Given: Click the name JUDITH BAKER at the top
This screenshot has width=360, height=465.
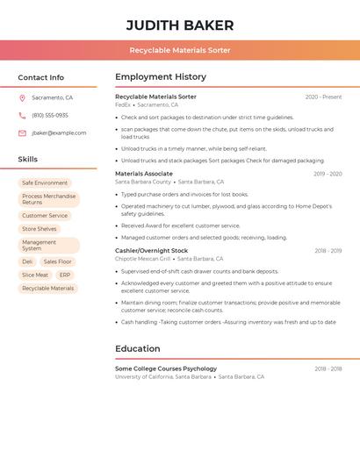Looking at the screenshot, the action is click(x=180, y=25).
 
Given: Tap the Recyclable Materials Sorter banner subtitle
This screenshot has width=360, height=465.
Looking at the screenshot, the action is click(x=180, y=50).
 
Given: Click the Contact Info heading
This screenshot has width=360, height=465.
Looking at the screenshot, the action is click(x=41, y=77).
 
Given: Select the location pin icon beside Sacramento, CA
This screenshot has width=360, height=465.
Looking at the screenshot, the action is click(x=22, y=98).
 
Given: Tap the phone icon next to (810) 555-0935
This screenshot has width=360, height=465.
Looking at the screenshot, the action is click(x=22, y=116).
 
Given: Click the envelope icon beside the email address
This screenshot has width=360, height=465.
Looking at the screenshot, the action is click(x=22, y=133).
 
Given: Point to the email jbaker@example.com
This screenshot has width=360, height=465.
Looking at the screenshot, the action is click(x=59, y=133).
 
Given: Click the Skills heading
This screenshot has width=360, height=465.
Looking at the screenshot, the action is click(x=28, y=160).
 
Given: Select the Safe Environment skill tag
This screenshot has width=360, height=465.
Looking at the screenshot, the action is click(x=45, y=183).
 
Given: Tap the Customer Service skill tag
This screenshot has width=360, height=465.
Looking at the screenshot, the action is click(x=45, y=216).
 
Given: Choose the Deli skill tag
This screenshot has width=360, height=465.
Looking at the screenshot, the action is click(x=27, y=261).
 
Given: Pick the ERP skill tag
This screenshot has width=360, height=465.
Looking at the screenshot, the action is click(x=65, y=275).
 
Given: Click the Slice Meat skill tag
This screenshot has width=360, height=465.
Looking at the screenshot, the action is click(x=35, y=275).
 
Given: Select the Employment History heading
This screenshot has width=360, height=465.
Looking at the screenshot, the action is click(x=161, y=77).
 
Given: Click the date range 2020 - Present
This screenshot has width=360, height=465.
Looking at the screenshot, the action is click(x=323, y=97).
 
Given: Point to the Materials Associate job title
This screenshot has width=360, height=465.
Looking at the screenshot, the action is click(x=144, y=174).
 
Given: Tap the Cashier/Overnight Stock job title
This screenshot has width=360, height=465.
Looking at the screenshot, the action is click(x=151, y=251).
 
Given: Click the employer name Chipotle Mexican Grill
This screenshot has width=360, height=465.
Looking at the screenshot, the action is click(x=143, y=259).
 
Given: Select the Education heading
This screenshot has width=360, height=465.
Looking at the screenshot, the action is click(x=138, y=349).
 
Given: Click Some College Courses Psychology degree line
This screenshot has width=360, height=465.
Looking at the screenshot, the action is click(x=166, y=368).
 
